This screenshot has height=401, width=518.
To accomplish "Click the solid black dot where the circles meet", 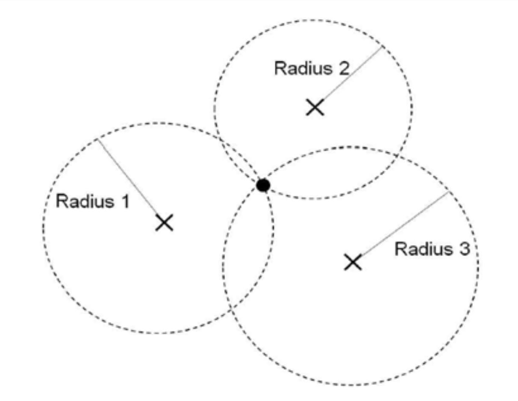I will coord(263,185).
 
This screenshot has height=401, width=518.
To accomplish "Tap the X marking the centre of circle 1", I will coord(164,223).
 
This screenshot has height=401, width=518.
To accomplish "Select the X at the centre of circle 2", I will coord(315,107).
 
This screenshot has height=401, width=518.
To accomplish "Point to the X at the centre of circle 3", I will coord(353,262).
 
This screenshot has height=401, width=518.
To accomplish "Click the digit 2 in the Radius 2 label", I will coord(343,68).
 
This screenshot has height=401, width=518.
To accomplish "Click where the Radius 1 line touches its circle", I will coord(97,139).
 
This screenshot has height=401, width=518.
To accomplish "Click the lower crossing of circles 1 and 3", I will coord(232,309).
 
